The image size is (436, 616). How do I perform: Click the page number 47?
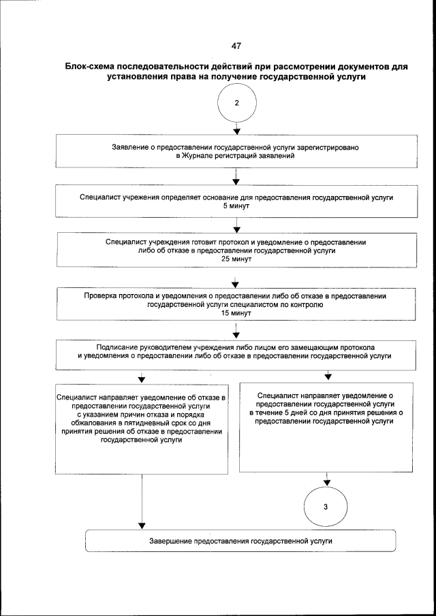tap(236, 46)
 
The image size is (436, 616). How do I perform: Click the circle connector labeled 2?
tap(236, 103)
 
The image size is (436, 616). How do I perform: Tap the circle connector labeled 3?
tap(326, 507)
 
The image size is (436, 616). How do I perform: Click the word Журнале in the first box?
tap(201, 156)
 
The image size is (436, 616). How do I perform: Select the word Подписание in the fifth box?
tap(127, 346)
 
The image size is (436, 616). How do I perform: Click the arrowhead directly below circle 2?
tap(236, 130)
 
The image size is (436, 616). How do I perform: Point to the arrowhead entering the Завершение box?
tap(141, 525)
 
